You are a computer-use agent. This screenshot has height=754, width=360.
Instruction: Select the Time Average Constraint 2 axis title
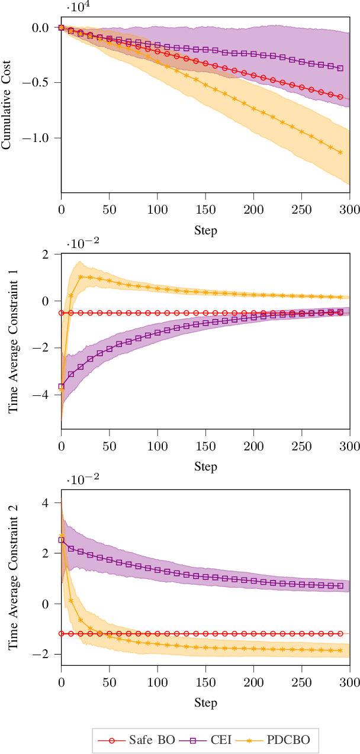(x=13, y=574)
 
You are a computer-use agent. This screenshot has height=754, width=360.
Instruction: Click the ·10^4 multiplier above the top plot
(x=76, y=8)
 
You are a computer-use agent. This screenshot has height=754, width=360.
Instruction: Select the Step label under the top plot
(x=205, y=230)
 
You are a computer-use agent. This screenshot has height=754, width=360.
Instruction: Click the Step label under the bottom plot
(x=205, y=703)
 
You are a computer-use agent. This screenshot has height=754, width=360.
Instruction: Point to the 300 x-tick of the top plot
(x=349, y=210)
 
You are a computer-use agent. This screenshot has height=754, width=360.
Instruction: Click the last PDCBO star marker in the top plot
(x=340, y=152)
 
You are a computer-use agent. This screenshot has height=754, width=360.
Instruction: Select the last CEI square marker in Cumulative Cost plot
(x=340, y=68)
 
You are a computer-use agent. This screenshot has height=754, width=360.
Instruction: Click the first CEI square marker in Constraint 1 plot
(x=61, y=386)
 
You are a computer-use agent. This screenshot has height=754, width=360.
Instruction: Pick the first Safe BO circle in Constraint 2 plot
(x=61, y=634)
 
